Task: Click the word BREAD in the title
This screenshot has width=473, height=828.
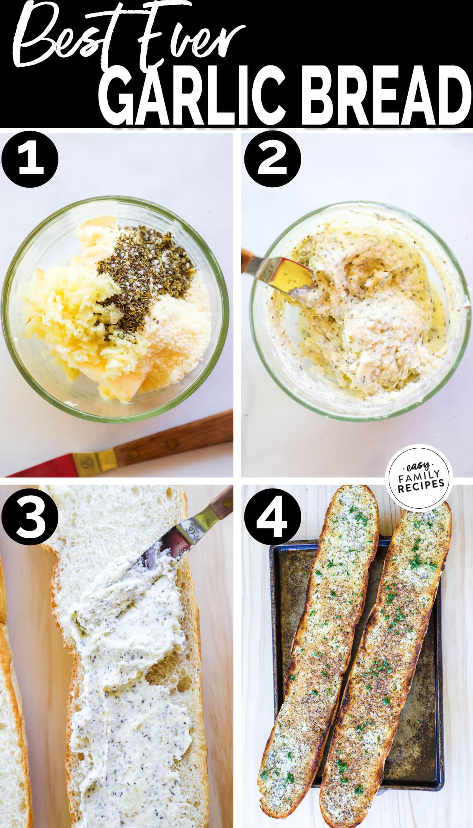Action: [x=388, y=97]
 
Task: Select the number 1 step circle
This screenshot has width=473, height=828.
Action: [x=30, y=160]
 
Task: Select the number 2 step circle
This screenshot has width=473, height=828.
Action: [x=272, y=160]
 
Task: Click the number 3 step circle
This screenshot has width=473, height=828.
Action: [x=30, y=517]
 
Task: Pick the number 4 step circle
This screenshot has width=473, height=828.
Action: [x=272, y=517]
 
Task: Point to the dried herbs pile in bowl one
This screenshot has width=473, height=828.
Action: [x=146, y=276]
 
